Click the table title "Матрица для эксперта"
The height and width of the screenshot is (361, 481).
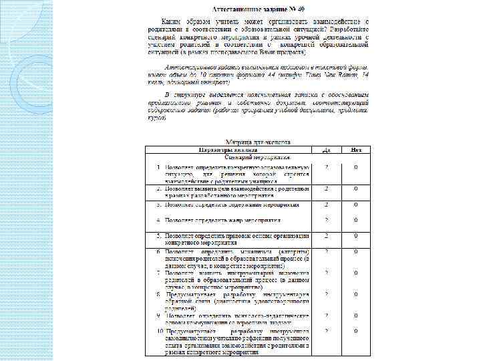pyautogui.click(x=258, y=142)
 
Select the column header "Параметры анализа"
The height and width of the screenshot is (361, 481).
pyautogui.click(x=228, y=149)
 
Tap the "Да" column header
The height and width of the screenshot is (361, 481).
pyautogui.click(x=326, y=149)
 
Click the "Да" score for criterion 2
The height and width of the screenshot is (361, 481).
pyautogui.click(x=326, y=189)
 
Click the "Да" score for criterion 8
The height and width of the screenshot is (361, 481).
pyautogui.click(x=326, y=293)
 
